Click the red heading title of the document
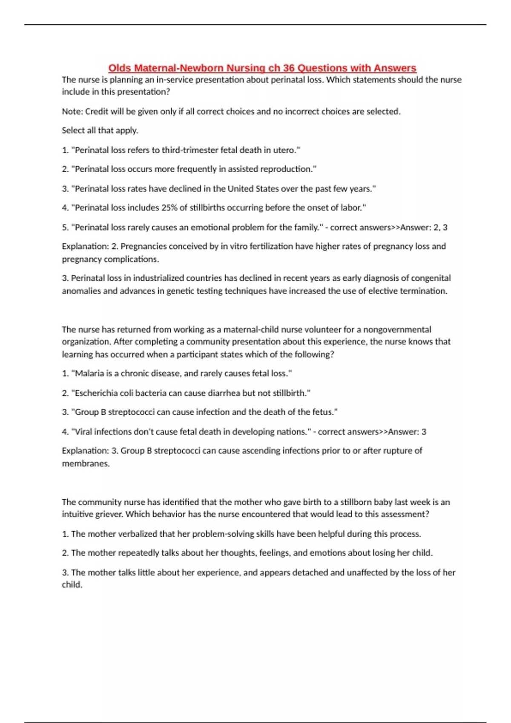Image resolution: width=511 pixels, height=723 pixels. pyautogui.click(x=262, y=68)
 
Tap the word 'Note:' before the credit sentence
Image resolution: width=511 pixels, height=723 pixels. pyautogui.click(x=72, y=111)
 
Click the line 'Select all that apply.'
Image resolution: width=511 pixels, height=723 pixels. pyautogui.click(x=100, y=131)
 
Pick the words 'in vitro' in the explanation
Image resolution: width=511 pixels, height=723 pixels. pyautogui.click(x=234, y=246)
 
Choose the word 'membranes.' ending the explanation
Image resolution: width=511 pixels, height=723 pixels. pyautogui.click(x=86, y=464)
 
